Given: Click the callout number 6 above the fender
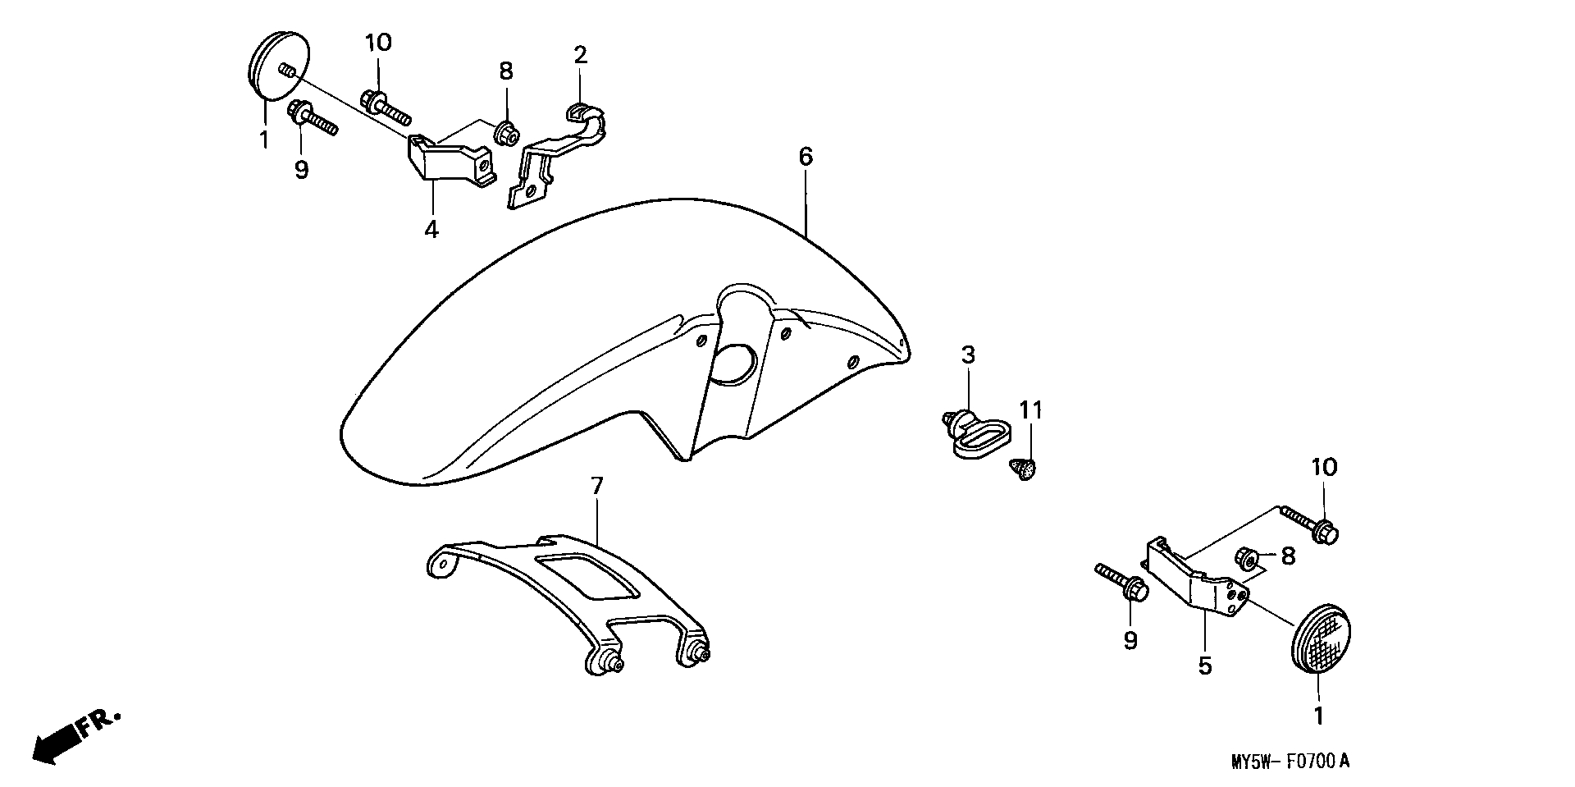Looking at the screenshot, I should [x=806, y=156].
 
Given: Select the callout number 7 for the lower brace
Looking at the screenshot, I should [x=596, y=486].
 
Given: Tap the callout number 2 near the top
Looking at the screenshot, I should [x=580, y=56].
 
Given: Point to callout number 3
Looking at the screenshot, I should [x=968, y=355].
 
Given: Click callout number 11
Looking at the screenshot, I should [x=1030, y=410].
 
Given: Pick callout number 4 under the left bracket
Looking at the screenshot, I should [x=431, y=229].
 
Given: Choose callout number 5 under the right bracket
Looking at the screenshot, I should [x=1204, y=665].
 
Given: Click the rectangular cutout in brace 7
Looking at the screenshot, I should [x=587, y=575].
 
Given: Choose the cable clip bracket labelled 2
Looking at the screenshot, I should [x=558, y=156].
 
